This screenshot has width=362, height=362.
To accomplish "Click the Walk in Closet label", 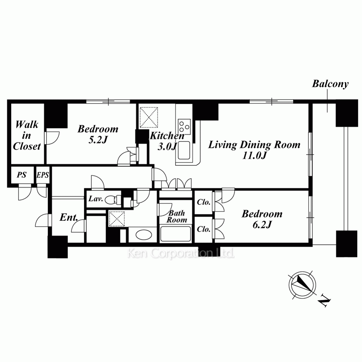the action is [x=27, y=135].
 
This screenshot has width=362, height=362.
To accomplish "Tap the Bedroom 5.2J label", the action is [x=98, y=134].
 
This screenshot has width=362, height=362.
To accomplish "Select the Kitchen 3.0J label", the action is [x=167, y=141].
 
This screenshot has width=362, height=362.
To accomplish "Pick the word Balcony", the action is [x=330, y=84].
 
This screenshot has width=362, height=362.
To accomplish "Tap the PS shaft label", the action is [x=21, y=175].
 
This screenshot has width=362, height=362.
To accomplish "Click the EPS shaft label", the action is [x=43, y=175].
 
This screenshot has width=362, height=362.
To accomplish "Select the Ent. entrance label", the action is [x=68, y=217].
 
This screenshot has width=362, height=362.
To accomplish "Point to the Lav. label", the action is [x=96, y=198].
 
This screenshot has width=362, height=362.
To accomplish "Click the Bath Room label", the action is [x=177, y=216].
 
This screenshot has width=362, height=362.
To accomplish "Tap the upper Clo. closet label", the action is [x=203, y=202].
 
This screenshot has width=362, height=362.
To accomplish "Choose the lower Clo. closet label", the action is [x=203, y=229].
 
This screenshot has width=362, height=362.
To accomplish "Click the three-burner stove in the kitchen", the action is [x=184, y=126].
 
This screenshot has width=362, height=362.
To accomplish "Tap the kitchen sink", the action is [x=184, y=150].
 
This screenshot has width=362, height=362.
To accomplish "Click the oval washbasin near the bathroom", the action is [x=143, y=235].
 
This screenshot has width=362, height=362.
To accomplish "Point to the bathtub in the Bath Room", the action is [x=176, y=234].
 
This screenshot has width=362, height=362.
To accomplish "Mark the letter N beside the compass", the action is [x=324, y=301].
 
